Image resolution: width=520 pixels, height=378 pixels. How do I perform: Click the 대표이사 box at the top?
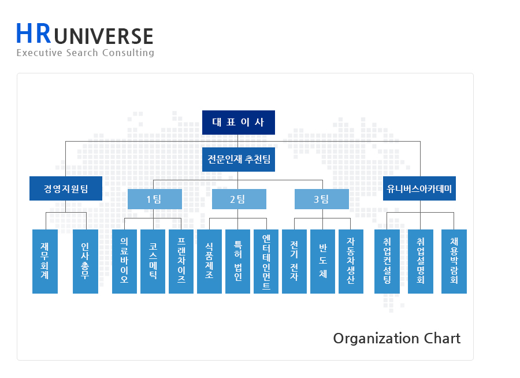click(238, 123)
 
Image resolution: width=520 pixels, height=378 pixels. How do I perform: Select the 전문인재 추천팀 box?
click(239, 160)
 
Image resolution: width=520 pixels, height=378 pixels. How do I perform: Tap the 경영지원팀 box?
click(66, 188)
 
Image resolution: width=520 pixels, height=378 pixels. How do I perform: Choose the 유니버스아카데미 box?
click(419, 188)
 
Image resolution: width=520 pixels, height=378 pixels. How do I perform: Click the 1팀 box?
click(154, 199)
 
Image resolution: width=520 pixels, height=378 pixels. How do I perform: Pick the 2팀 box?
click(239, 199)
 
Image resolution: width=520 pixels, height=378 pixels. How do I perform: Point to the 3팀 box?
click(322, 199)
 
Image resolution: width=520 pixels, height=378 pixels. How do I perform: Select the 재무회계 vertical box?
click(45, 261)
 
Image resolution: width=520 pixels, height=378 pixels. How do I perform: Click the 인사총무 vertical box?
click(86, 261)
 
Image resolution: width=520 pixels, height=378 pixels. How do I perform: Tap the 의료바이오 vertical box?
click(124, 261)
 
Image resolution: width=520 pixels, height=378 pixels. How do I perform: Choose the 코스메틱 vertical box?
click(153, 261)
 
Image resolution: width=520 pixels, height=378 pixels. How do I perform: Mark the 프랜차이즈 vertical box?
click(181, 261)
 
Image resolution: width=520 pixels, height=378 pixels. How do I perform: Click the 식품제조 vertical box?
click(209, 261)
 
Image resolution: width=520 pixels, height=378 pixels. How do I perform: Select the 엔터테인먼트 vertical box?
click(266, 261)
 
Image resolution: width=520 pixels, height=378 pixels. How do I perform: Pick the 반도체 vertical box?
click(323, 261)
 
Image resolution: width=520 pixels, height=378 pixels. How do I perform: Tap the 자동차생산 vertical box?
click(351, 261)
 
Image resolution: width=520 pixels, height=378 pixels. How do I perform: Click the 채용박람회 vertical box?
click(454, 261)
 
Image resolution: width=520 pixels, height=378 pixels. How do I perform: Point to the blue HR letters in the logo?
click(34, 34)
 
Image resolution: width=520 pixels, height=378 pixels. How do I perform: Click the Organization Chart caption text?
click(397, 338)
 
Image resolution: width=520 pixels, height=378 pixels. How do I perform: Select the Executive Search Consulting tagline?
click(86, 53)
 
